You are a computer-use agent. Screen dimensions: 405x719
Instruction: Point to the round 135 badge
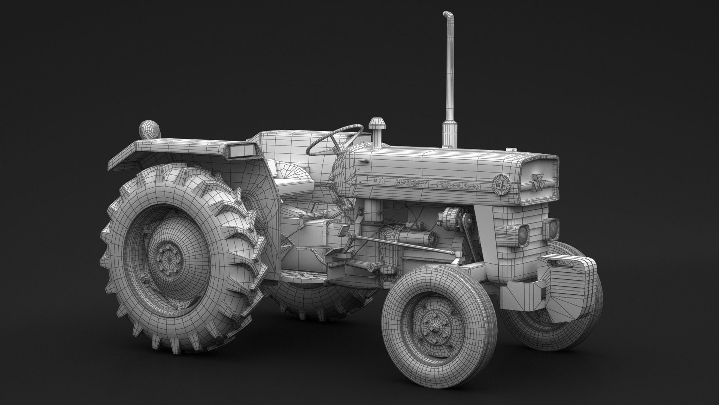tap(501, 185)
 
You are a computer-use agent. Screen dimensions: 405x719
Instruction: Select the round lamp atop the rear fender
tap(149, 129)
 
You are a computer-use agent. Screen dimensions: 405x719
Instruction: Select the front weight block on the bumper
tap(562, 285)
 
